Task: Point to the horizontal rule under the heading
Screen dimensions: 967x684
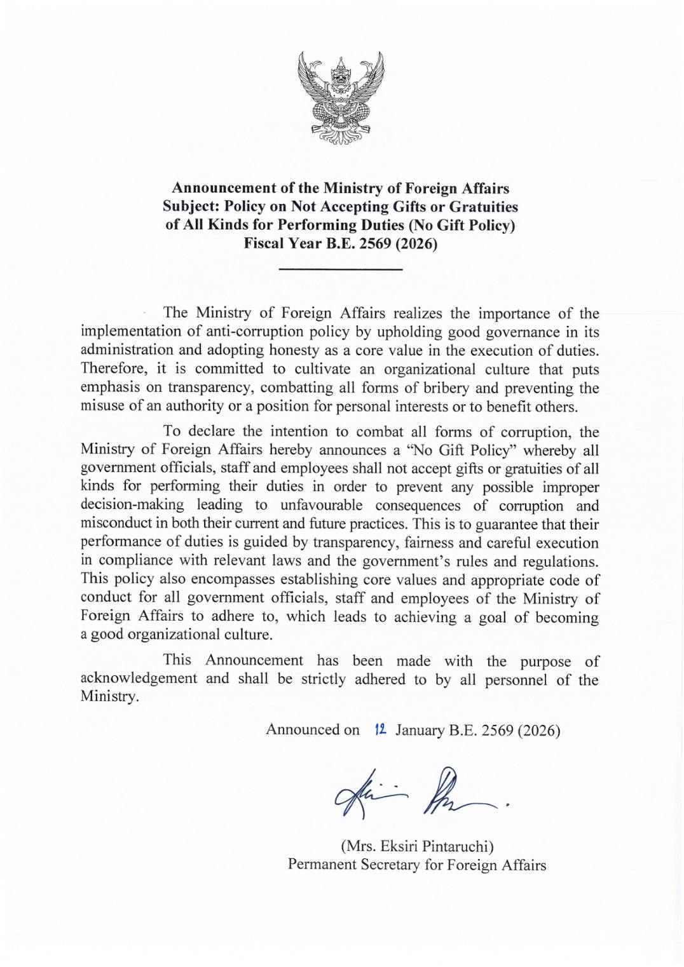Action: pos(341,270)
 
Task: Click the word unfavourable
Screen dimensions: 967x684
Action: pos(318,505)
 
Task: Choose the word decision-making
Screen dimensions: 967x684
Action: pos(132,505)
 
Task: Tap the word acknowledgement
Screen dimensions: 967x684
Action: pos(139,679)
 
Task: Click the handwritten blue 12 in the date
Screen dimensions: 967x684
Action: pos(380,729)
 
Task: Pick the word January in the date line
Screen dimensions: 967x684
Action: pos(420,730)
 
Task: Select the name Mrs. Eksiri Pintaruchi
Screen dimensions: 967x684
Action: pos(417,846)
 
